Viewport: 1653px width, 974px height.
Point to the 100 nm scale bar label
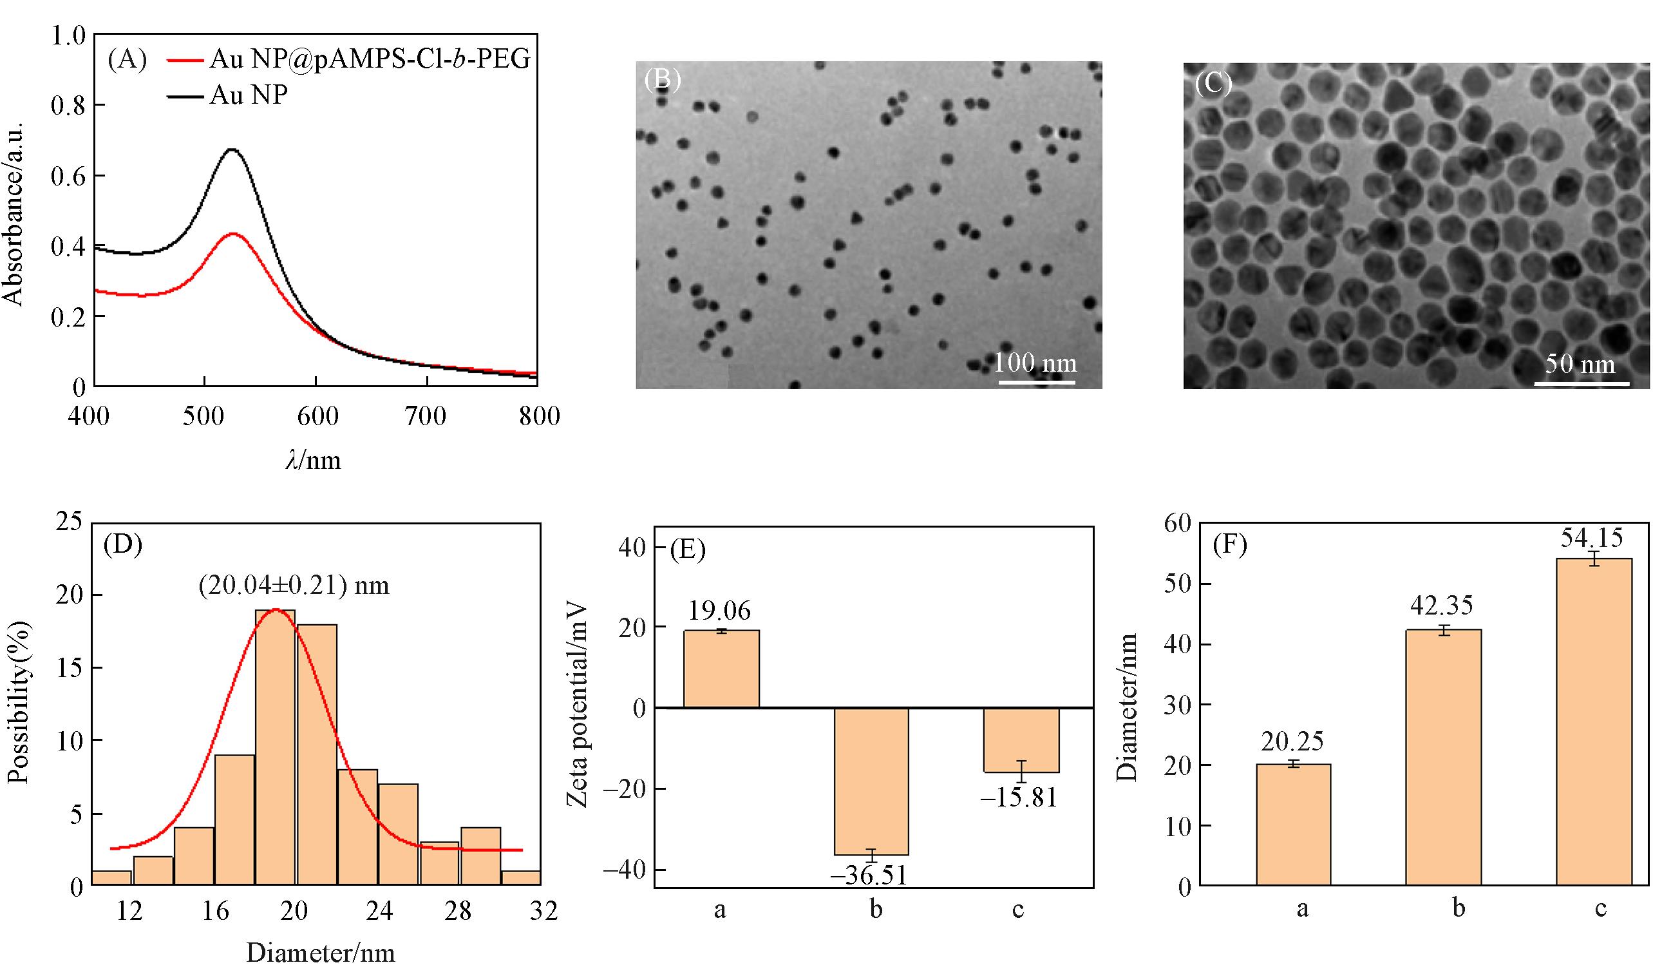[1035, 362]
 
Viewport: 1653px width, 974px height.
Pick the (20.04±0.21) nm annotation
[294, 584]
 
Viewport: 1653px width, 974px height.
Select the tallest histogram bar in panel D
[275, 749]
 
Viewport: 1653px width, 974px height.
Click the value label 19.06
[719, 611]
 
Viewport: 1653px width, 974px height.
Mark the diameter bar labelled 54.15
[1594, 722]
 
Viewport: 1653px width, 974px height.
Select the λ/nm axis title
[314, 461]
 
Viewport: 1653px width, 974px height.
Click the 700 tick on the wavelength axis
[426, 417]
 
